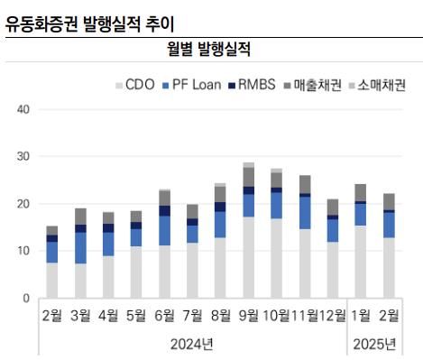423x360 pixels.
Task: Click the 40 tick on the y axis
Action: tap(23, 110)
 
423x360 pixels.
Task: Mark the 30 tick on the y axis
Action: tap(23, 157)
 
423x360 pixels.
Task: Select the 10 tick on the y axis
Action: tap(23, 251)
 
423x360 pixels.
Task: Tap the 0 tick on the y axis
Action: tap(26, 298)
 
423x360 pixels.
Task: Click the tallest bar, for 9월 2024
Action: tap(248, 230)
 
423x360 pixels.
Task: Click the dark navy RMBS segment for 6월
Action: tap(164, 210)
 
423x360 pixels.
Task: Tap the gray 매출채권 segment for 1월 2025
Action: tap(360, 192)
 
